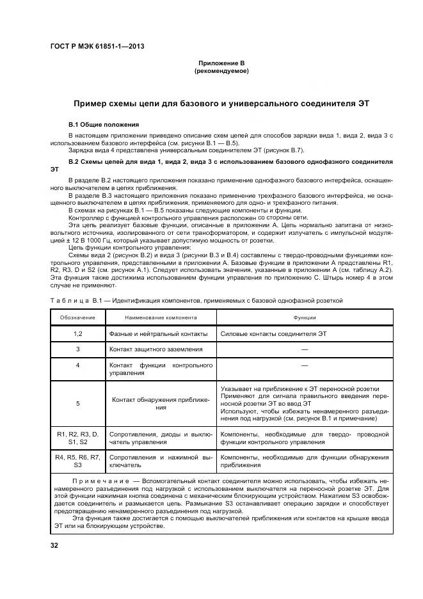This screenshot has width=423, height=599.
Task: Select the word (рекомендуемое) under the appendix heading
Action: point(221,71)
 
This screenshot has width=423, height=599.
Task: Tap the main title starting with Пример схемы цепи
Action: point(221,103)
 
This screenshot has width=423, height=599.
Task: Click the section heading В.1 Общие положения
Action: point(103,124)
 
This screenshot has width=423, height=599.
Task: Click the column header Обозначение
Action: point(77,317)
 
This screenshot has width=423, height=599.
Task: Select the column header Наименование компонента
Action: point(161,317)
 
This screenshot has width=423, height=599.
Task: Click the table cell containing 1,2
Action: point(77,333)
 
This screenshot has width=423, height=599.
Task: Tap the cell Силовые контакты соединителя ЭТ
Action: point(273,333)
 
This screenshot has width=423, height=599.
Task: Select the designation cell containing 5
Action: point(77,404)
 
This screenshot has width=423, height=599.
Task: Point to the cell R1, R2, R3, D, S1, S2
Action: point(77,438)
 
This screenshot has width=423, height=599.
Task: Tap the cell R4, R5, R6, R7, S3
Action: point(77,461)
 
